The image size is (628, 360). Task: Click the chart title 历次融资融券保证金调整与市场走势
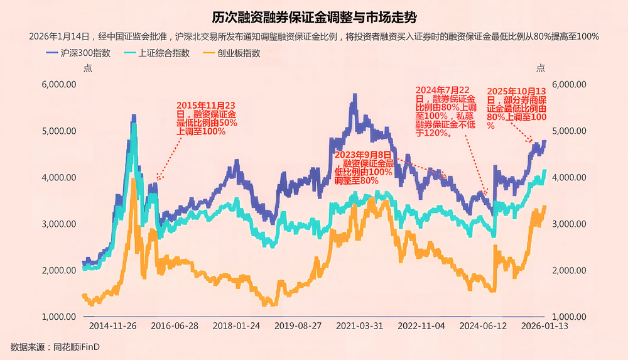314,16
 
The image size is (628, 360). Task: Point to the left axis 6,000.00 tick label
58,84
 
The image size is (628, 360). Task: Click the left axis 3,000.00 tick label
58,224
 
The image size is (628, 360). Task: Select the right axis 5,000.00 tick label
569,131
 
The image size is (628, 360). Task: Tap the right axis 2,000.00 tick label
569,271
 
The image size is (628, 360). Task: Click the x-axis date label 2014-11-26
112,327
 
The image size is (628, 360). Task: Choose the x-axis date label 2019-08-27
298,327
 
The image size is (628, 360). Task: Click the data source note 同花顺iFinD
55,347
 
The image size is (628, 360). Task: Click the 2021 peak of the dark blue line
355,95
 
